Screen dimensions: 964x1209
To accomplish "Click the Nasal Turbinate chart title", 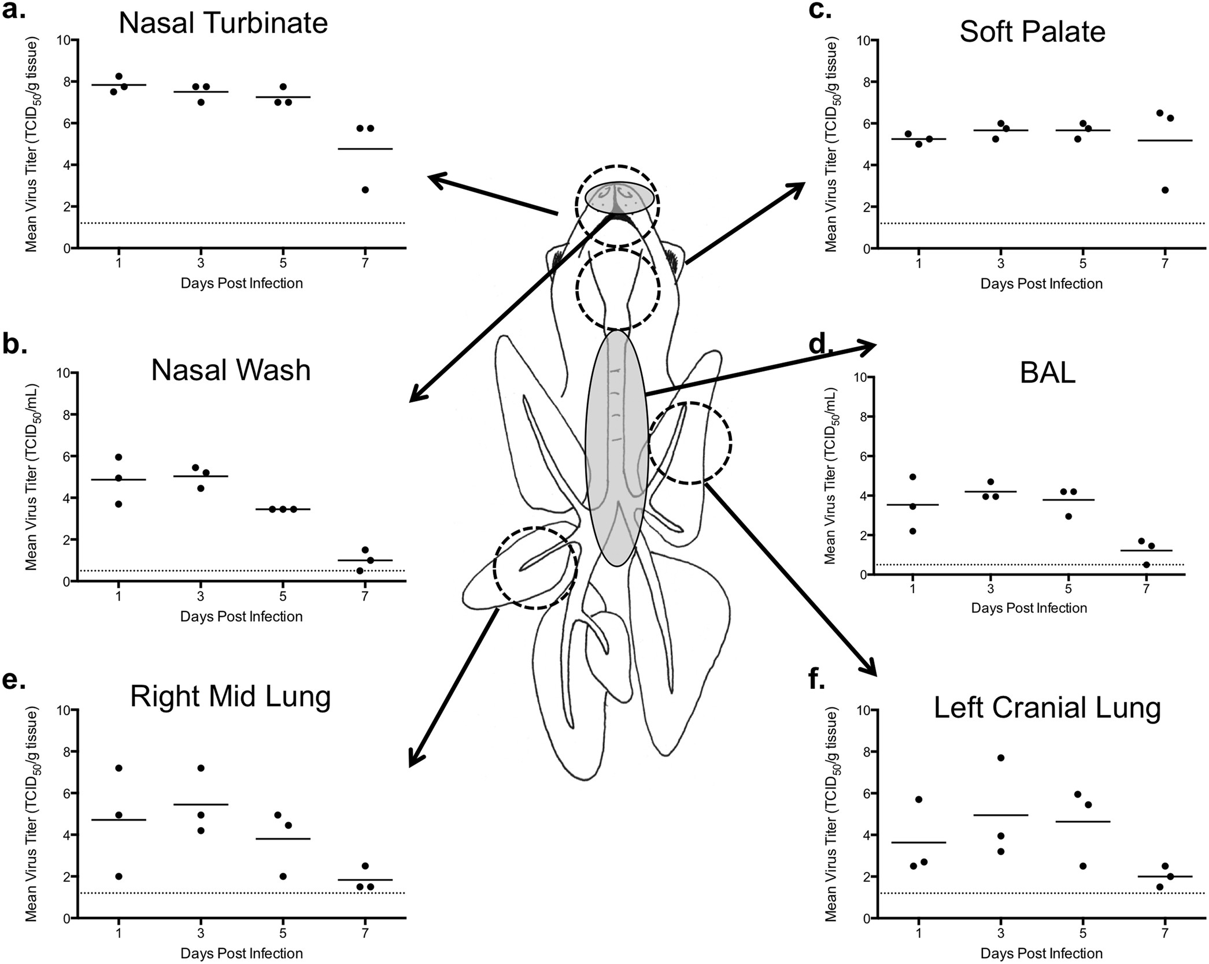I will tap(223, 24).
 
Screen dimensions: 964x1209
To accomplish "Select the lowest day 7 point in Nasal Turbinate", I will tap(365, 190).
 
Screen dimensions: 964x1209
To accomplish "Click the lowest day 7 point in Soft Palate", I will tap(1164, 190).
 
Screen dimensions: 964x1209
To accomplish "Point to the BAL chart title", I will tap(1047, 373).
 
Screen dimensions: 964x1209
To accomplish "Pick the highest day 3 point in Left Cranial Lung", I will tap(1001, 758).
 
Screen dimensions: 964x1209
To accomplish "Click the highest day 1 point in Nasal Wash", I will tap(119, 457).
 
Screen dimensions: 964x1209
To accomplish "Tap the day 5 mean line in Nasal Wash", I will tap(283, 509).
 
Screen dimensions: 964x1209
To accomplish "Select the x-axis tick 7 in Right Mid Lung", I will tap(364, 934).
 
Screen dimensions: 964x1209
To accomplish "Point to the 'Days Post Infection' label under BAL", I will tap(1029, 608).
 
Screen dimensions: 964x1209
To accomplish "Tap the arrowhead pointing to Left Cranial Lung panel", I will tap(870, 669).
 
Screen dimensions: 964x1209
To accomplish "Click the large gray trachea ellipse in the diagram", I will tap(616, 448).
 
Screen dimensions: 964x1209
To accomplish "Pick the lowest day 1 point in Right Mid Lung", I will tap(119, 876).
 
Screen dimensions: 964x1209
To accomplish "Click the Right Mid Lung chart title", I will tap(230, 696).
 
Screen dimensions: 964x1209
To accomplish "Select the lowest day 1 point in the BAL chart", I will tap(912, 531).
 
